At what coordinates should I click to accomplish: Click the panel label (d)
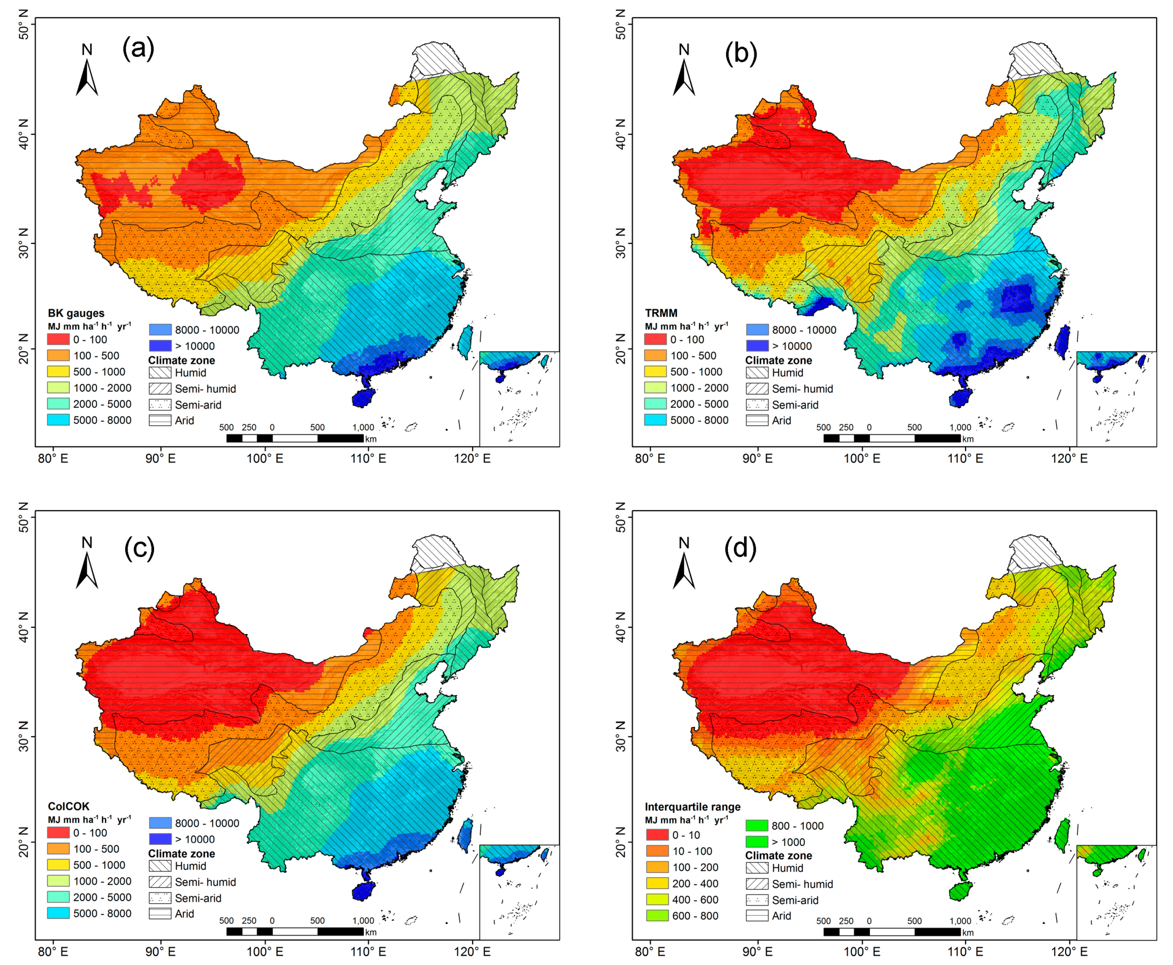click(x=741, y=548)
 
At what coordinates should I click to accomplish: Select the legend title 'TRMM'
click(x=661, y=313)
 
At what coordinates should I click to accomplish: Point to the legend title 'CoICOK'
click(x=68, y=806)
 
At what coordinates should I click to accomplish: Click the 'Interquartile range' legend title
click(x=693, y=807)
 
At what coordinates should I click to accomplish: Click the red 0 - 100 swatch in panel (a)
click(x=58, y=339)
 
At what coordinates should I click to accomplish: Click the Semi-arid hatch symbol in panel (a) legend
click(x=160, y=405)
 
